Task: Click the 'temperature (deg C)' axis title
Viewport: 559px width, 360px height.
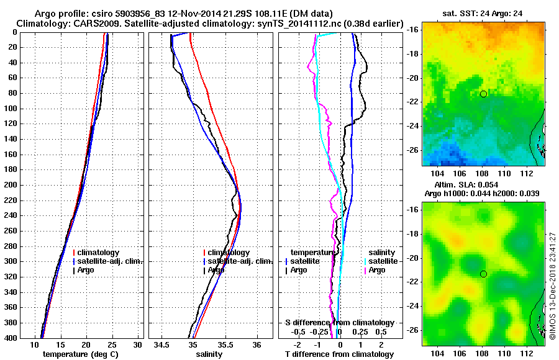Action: pos(80,354)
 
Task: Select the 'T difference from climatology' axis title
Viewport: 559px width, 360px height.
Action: pos(340,354)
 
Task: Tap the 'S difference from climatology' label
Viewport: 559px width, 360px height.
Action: pos(339,323)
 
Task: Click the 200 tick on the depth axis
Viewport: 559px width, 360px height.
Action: pos(12,185)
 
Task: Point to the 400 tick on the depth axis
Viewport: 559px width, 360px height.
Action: pos(12,338)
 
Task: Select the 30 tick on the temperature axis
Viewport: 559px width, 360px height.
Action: pos(138,344)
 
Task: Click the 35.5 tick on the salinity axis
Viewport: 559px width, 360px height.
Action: pos(224,344)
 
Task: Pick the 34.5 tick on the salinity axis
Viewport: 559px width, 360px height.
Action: pos(161,344)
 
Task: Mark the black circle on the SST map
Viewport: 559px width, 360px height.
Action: pos(483,94)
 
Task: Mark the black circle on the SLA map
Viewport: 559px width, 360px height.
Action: pos(483,274)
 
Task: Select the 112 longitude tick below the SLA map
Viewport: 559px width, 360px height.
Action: pos(525,351)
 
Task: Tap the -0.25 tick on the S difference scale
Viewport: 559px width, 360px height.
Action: pos(327,331)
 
